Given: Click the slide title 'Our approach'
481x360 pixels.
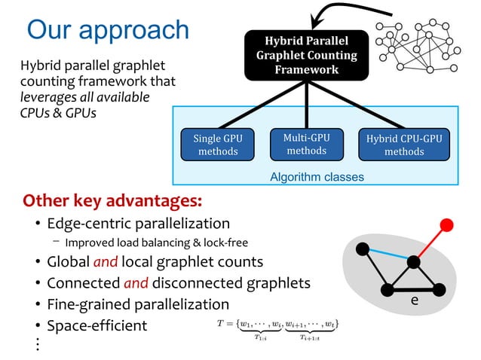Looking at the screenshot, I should [x=108, y=30].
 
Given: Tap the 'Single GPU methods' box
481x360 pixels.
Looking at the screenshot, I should [x=218, y=145].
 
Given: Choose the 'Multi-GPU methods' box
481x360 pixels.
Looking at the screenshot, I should [x=305, y=144].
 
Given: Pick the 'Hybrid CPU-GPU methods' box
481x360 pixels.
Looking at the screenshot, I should [x=404, y=145].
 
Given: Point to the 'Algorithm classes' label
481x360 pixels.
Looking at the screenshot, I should [x=317, y=177].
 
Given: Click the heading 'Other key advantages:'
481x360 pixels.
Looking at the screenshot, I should [x=112, y=202].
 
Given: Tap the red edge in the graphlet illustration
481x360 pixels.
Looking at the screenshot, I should [x=430, y=243].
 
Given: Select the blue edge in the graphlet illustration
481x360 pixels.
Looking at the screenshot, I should [x=388, y=255].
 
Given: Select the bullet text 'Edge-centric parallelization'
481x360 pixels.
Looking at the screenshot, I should [x=138, y=224].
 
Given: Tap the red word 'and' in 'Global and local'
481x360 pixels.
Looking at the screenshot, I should [x=106, y=262].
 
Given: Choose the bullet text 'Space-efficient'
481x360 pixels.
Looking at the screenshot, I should [x=97, y=326].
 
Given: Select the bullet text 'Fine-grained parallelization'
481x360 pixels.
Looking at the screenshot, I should [x=138, y=304].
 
